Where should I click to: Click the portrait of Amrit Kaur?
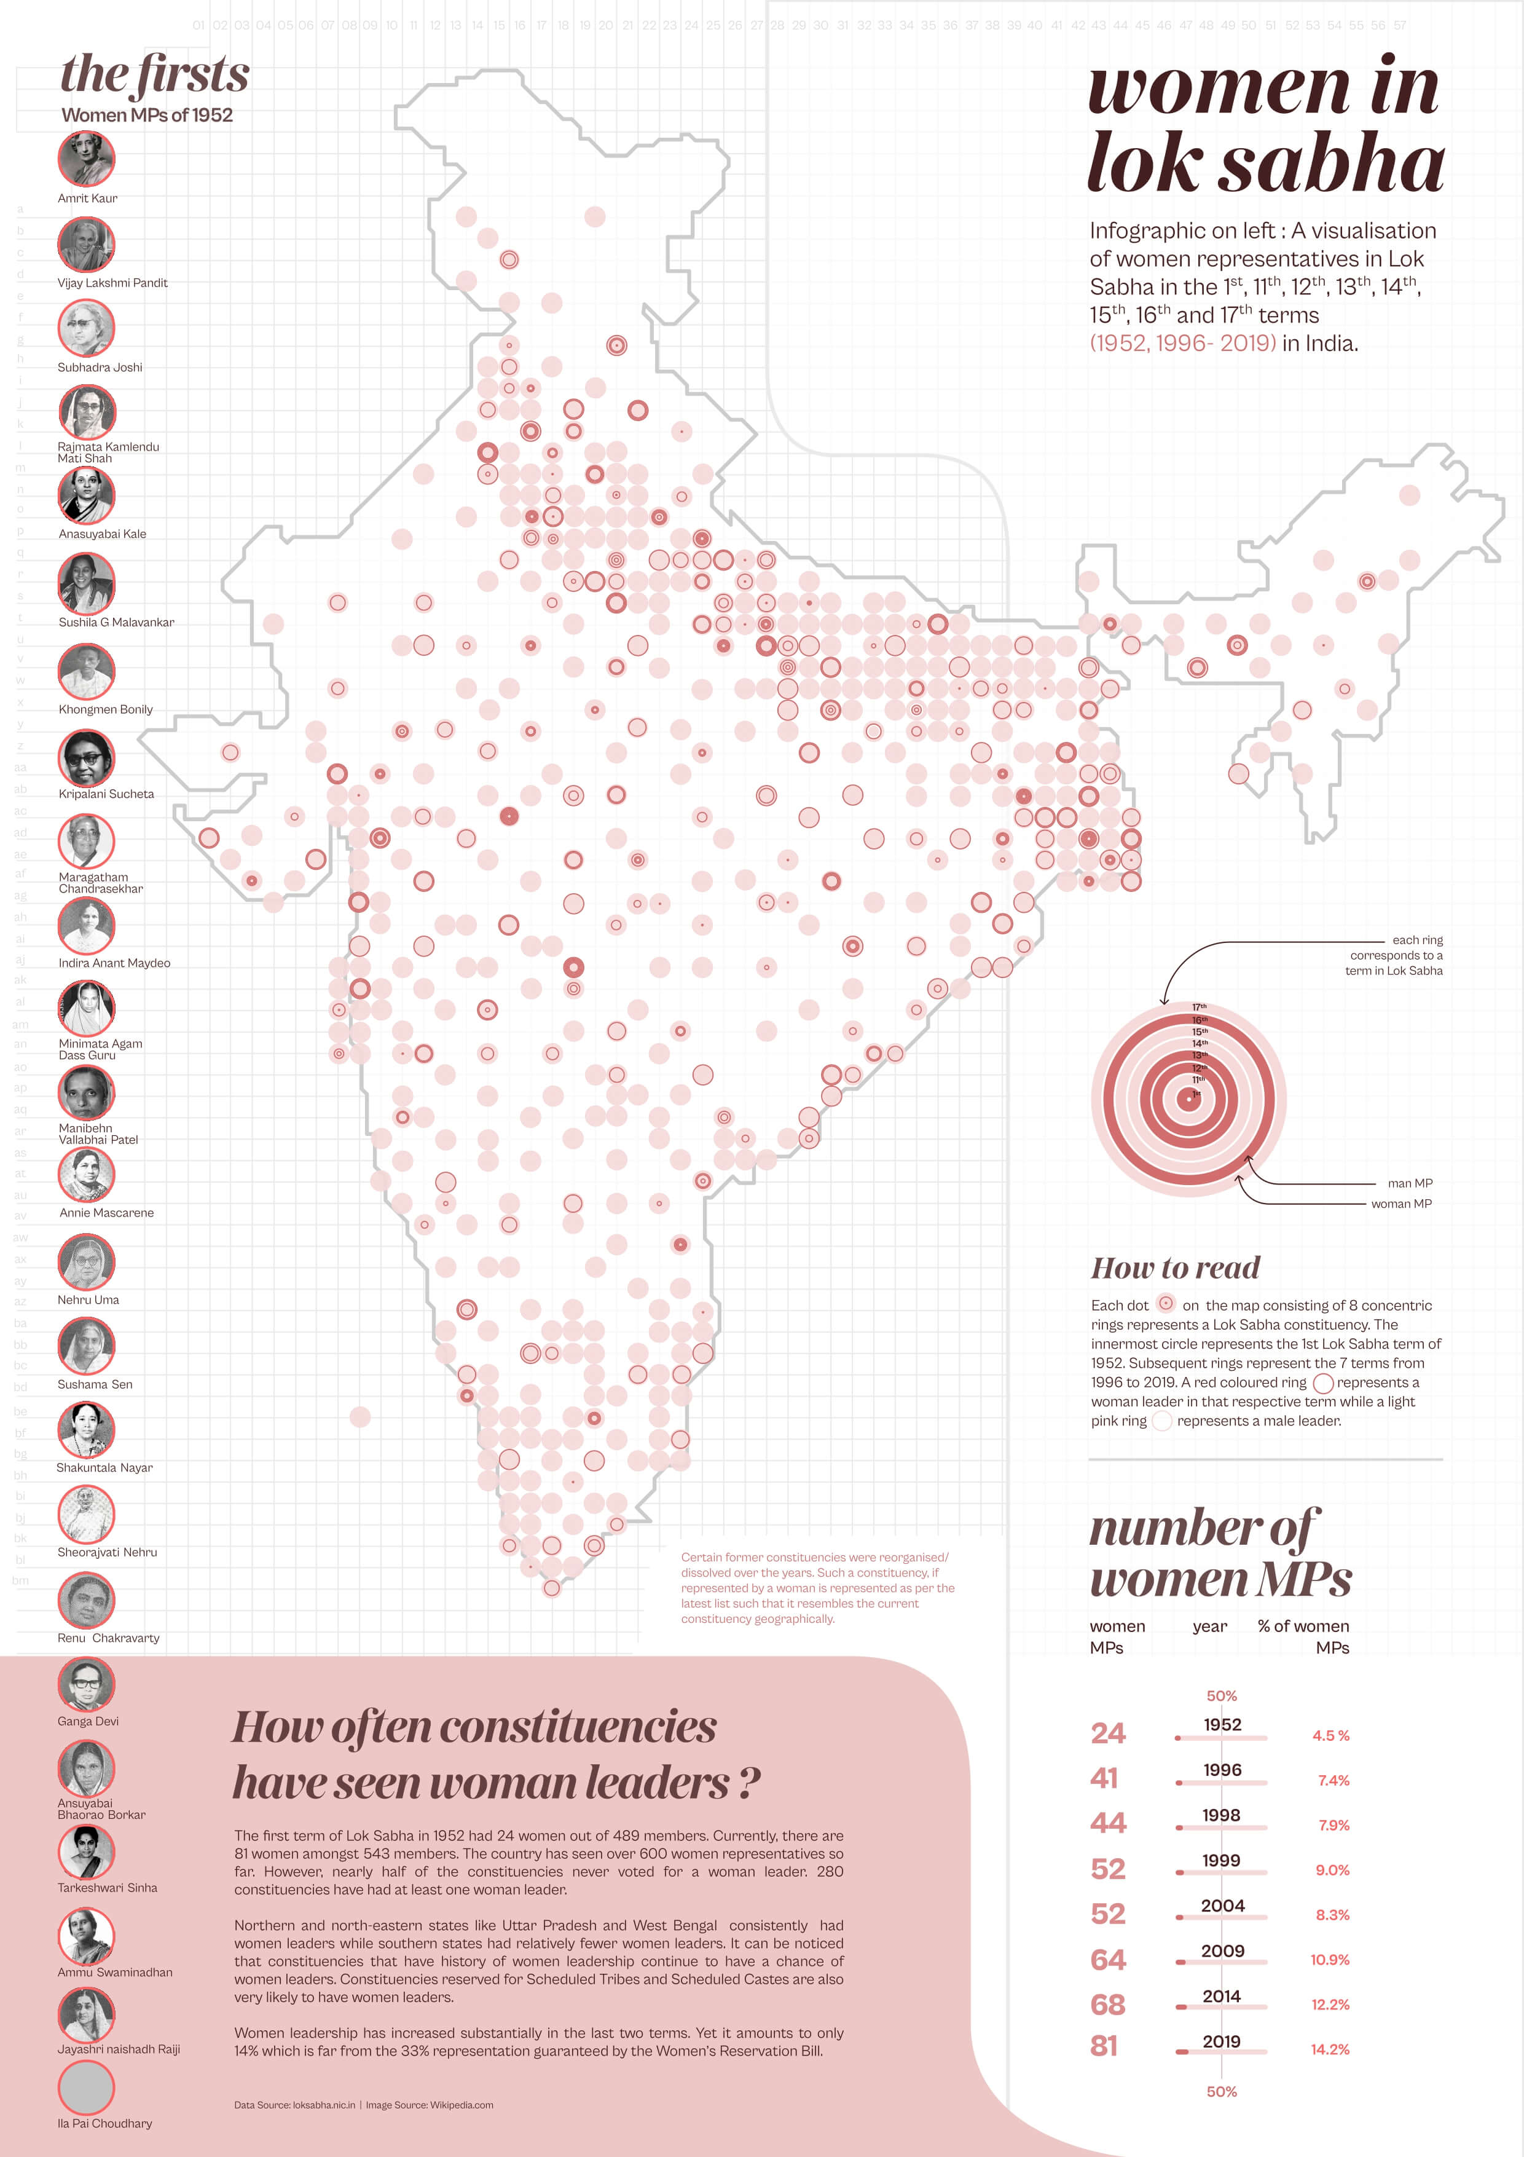87,159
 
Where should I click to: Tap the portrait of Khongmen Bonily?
87,671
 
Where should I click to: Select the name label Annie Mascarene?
106,1213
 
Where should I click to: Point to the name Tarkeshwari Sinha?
107,1887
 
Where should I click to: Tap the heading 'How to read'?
1175,1268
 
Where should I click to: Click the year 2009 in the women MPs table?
1222,1950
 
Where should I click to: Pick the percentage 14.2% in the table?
1330,2049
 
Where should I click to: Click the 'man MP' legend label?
1410,1183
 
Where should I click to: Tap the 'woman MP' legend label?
1401,1204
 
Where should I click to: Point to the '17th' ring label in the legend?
1199,1007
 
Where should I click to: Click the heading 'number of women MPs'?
1219,1553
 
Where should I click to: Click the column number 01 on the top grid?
198,25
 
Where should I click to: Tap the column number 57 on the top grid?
1399,25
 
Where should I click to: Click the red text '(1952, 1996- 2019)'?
1182,343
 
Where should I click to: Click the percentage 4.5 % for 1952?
1330,1735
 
